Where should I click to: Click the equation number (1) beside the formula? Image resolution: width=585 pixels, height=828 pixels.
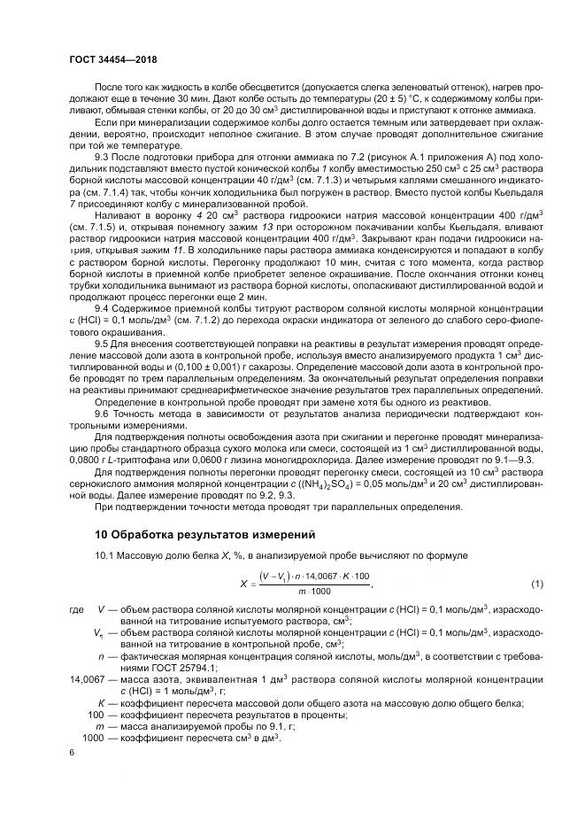(x=536, y=584)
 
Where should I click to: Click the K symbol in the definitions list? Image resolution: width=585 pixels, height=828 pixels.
(x=102, y=702)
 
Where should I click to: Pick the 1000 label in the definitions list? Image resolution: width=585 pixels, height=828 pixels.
(x=93, y=737)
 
